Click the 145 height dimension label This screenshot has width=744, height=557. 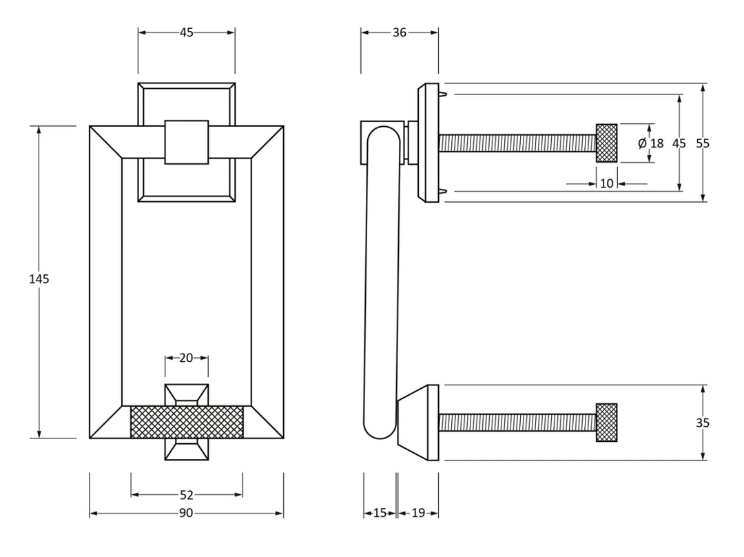(39, 279)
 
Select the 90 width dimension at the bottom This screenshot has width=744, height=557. (186, 513)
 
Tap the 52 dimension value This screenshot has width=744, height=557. (186, 494)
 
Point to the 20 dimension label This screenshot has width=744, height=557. (186, 358)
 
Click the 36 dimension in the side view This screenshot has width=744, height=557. (400, 32)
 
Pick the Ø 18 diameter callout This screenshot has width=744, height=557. (650, 143)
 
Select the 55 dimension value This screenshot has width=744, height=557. (703, 143)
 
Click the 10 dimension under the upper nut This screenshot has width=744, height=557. (606, 183)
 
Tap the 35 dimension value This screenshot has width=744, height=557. (703, 423)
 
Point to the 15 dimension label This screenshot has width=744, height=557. (380, 513)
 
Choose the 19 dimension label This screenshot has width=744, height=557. (418, 513)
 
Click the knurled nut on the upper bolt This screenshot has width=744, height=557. (606, 143)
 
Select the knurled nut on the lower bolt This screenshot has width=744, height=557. (606, 423)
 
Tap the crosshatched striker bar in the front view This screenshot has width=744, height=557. (186, 421)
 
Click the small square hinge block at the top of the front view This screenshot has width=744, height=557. (186, 142)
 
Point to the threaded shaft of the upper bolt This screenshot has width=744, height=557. (517, 143)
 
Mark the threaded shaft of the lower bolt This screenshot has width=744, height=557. (517, 423)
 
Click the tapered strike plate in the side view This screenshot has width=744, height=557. (418, 423)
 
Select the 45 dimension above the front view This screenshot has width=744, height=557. (186, 32)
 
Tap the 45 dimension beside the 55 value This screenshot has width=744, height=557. (679, 143)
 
